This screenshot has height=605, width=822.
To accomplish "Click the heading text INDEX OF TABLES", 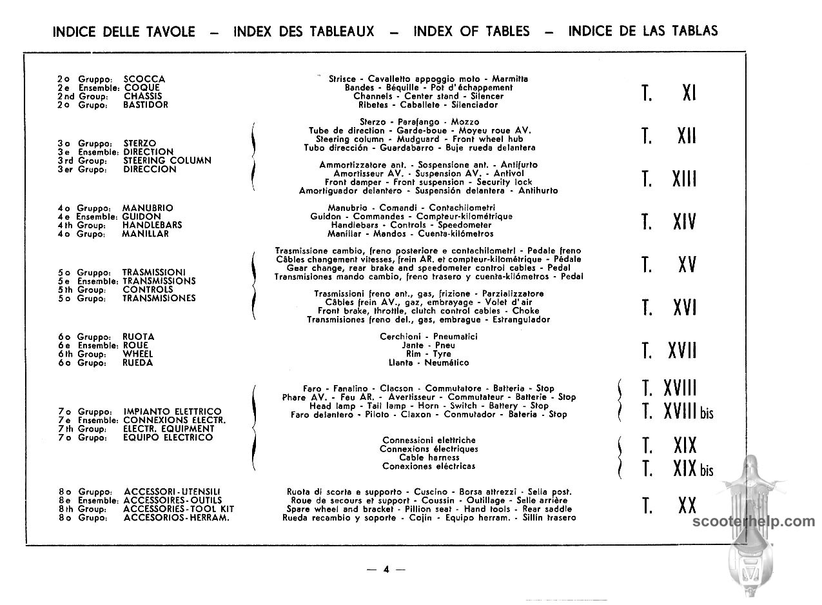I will pyautogui.click(x=471, y=31).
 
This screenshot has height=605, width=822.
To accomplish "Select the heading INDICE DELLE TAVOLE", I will pyautogui.click(x=124, y=32).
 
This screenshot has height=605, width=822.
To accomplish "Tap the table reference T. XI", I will pyautogui.click(x=669, y=94).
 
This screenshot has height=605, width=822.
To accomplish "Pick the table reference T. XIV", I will pyautogui.click(x=669, y=222).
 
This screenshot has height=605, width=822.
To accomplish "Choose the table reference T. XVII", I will pyautogui.click(x=669, y=351).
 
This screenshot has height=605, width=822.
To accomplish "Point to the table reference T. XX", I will pyautogui.click(x=669, y=506).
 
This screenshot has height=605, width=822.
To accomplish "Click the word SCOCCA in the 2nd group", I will pyautogui.click(x=144, y=79).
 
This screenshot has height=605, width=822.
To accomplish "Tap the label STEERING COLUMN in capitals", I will pyautogui.click(x=167, y=161).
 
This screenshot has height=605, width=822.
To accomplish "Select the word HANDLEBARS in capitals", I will pyautogui.click(x=152, y=225).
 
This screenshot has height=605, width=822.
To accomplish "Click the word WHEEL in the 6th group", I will pyautogui.click(x=138, y=354).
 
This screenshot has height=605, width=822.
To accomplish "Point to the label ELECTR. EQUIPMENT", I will pyautogui.click(x=169, y=429).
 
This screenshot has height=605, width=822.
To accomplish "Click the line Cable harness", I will pyautogui.click(x=429, y=457).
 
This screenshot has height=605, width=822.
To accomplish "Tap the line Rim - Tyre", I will pyautogui.click(x=429, y=354).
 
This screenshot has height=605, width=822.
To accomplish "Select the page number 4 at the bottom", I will pyautogui.click(x=386, y=569).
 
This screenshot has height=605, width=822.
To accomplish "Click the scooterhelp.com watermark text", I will pyautogui.click(x=753, y=522).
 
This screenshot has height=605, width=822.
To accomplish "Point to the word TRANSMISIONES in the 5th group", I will pyautogui.click(x=159, y=299).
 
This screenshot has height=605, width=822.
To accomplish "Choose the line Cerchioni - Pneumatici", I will pyautogui.click(x=429, y=337).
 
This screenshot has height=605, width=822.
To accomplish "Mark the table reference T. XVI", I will pyautogui.click(x=669, y=308).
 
